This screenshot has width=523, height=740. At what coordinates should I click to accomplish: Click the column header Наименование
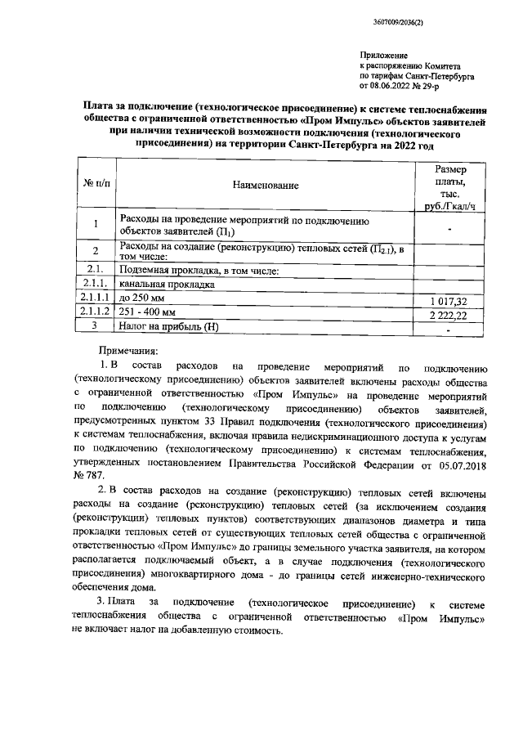coord(266,186)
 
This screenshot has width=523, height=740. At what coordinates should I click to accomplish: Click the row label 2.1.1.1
coord(96,299)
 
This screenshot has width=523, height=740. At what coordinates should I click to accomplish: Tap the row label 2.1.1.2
coord(96,313)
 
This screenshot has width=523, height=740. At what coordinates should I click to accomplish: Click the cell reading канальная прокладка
coord(168,285)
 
